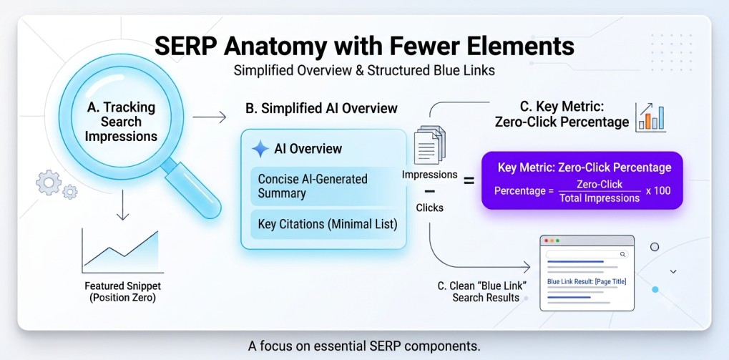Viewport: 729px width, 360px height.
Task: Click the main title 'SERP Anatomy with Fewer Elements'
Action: pyautogui.click(x=364, y=47)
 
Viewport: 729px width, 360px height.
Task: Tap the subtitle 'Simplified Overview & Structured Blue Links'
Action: pyautogui.click(x=364, y=71)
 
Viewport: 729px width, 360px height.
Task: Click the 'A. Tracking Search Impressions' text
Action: pyautogui.click(x=122, y=122)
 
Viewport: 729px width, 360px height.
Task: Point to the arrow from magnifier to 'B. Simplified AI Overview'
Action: pyautogui.click(x=209, y=117)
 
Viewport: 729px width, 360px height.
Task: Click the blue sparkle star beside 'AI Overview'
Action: pyautogui.click(x=260, y=149)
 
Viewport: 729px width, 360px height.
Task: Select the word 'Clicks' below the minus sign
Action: pyautogui.click(x=429, y=208)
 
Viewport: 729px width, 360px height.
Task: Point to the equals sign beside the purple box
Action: pyautogui.click(x=469, y=181)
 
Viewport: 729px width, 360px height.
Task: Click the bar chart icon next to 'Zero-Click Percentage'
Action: pyautogui.click(x=650, y=117)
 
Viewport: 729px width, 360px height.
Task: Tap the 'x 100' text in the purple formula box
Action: pyautogui.click(x=658, y=190)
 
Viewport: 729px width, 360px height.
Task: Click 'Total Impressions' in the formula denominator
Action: pyautogui.click(x=600, y=198)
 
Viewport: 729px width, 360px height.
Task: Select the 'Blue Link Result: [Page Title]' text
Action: pyautogui.click(x=587, y=281)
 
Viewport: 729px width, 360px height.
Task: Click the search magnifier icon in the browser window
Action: pyautogui.click(x=622, y=254)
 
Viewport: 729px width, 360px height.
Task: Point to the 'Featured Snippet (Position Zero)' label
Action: pyautogui.click(x=122, y=291)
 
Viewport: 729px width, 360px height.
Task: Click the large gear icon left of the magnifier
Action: pyautogui.click(x=49, y=183)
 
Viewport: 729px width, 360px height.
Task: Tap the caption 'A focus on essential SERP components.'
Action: pyautogui.click(x=364, y=346)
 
